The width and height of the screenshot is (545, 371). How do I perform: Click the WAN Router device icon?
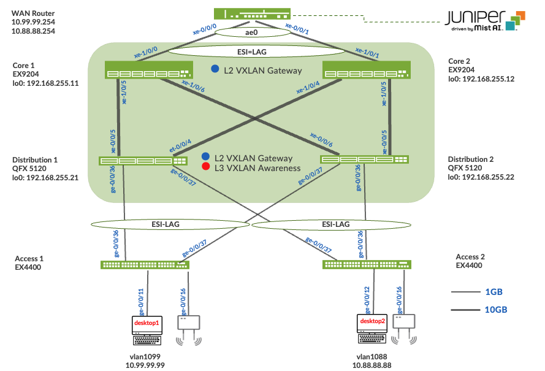(x=251, y=13)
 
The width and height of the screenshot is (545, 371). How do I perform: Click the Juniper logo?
(x=484, y=20)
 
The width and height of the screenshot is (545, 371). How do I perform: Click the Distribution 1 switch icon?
(x=143, y=161)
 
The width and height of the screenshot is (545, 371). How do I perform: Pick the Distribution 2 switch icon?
(x=365, y=160)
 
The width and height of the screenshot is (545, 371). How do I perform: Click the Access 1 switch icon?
(x=145, y=265)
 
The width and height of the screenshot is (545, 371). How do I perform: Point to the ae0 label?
(x=251, y=32)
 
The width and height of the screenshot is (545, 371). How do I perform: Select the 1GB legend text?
(x=493, y=292)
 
